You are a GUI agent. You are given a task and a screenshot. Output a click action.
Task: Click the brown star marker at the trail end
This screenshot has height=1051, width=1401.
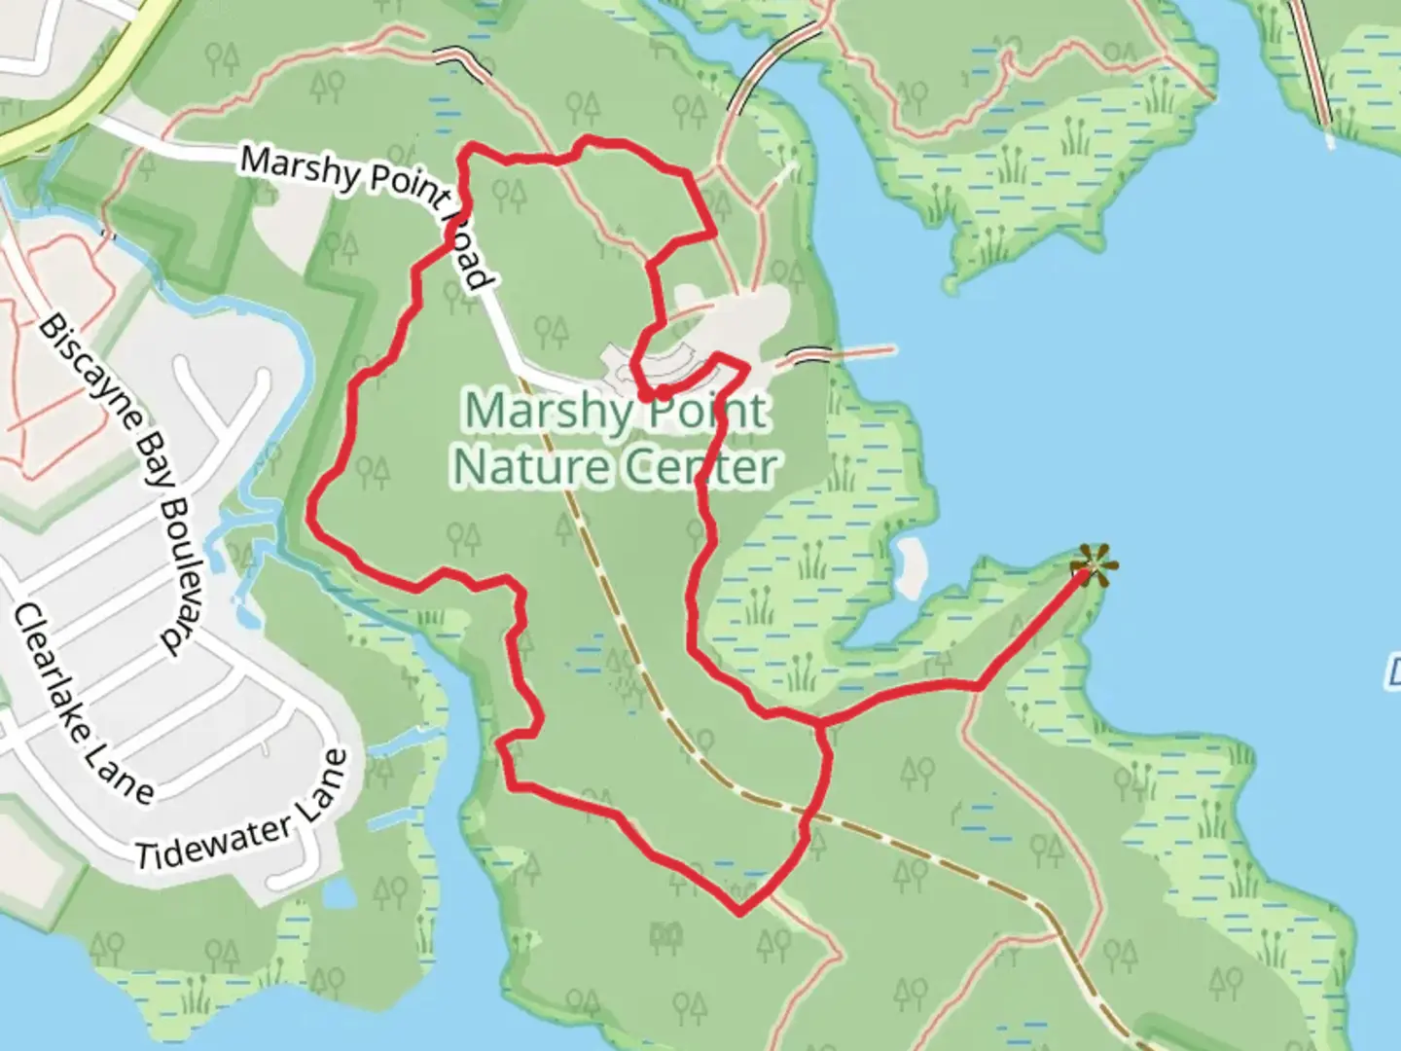pyautogui.click(x=1093, y=565)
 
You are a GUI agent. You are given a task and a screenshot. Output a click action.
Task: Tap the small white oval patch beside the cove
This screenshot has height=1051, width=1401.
pyautogui.click(x=911, y=566)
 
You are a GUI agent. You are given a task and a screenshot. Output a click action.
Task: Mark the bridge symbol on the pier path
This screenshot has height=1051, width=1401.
pyautogui.click(x=810, y=354)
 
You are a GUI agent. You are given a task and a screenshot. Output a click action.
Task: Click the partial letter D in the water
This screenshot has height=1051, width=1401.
pyautogui.click(x=1392, y=671)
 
